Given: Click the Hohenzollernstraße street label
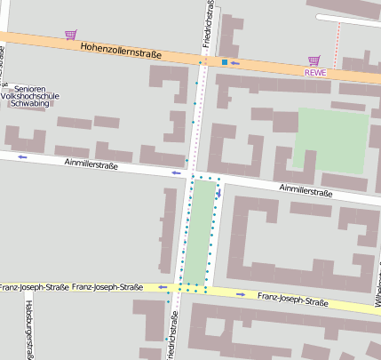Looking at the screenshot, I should coord(120,52).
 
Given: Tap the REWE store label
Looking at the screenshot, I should coord(315,73).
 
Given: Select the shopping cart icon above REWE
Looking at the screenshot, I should coord(314,60).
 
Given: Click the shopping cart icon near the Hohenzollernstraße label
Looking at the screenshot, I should coord(70,36).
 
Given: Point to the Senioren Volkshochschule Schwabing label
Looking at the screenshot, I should coord(32,96).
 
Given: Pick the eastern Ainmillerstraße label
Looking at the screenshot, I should coord(306,190).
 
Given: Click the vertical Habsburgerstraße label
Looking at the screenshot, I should coord(29,329).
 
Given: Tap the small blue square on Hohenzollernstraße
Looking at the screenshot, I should coord(225,62).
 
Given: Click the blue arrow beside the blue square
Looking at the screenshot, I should coord(234,63).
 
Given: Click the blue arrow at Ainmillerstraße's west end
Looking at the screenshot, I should coord(22,157).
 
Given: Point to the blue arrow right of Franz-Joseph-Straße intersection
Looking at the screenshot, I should coord(242,292).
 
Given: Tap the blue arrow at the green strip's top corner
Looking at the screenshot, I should coord(218,192).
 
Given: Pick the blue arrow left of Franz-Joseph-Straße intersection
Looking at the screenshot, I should coord(163,287).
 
